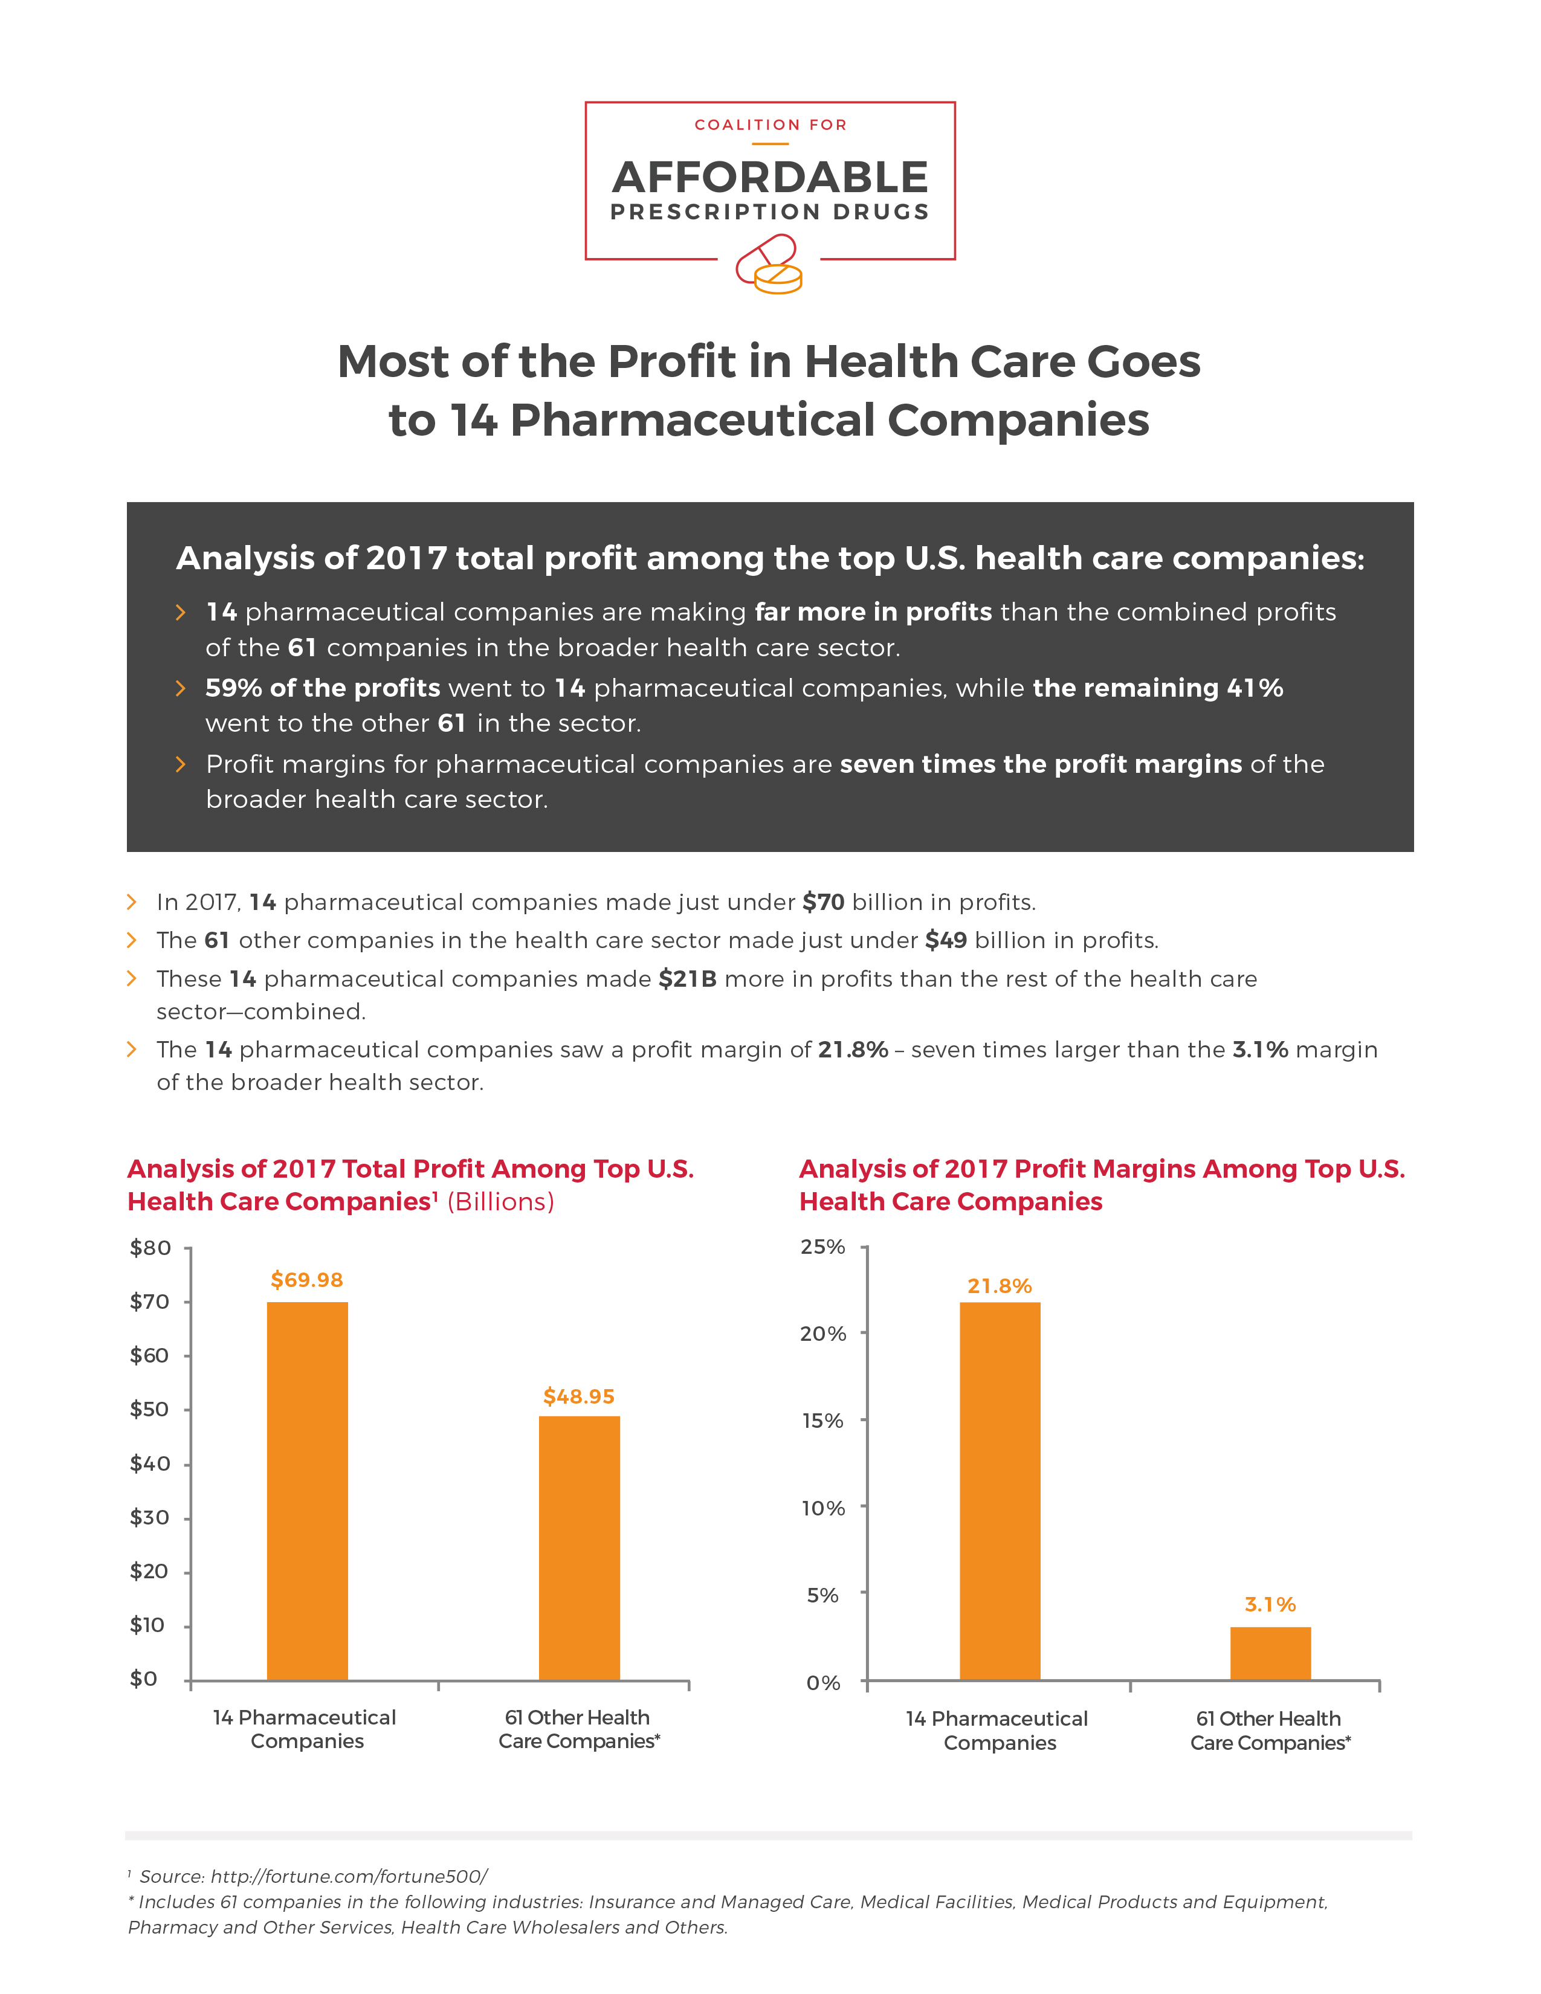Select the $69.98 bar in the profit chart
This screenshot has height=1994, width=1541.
308,1491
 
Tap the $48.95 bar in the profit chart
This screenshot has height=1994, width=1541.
580,1547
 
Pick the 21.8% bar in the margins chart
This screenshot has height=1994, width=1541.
1000,1491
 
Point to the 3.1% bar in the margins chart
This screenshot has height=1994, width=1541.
1271,1653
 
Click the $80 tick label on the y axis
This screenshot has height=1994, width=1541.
150,1248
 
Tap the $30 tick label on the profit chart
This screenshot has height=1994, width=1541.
150,1517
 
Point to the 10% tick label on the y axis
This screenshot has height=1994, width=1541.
824,1508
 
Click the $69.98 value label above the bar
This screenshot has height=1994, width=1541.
307,1280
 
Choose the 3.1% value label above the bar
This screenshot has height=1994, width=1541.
1271,1604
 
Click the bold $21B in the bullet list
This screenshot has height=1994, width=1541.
688,979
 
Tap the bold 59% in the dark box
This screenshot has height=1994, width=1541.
234,688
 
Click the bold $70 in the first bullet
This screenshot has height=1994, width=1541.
824,902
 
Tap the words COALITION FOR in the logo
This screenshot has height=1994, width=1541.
771,125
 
